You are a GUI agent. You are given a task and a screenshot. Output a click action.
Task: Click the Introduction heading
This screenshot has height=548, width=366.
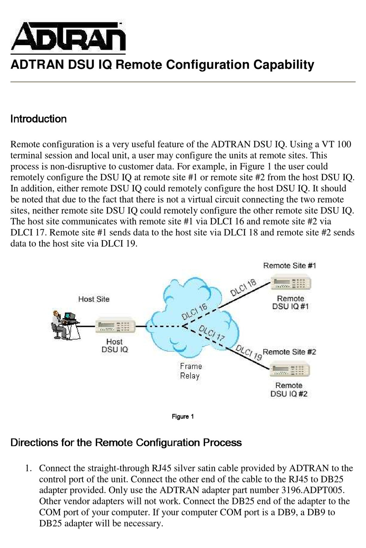pos(39,119)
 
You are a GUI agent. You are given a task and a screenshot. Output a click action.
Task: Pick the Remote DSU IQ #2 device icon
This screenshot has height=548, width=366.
pos(290,370)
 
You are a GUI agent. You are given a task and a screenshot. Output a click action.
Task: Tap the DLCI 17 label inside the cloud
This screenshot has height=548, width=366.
pos(212,333)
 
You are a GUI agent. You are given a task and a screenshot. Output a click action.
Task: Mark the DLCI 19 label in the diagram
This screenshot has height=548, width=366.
pos(249,352)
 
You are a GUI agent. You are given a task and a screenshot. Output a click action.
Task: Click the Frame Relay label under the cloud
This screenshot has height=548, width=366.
pos(191,371)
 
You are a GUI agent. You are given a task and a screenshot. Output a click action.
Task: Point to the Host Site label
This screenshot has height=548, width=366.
pos(94,299)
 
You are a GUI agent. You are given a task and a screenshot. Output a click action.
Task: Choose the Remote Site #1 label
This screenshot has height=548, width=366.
pos(289,266)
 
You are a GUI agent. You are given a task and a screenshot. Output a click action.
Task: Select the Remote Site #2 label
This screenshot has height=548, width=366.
pos(289,352)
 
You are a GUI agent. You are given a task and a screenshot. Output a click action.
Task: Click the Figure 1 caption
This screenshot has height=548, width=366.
pos(183,417)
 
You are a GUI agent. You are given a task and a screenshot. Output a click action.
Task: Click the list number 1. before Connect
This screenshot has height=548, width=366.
pos(28,468)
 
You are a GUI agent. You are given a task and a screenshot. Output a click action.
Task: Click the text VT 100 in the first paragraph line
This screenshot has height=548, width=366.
pos(336,145)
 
